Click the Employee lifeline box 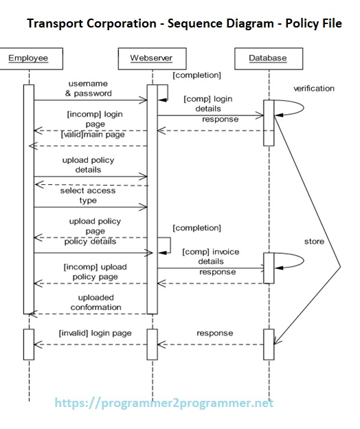tap(28, 58)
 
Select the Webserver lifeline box tap(151, 58)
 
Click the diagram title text tap(184, 24)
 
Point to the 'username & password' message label tap(88, 88)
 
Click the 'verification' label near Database tap(313, 89)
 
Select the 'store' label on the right tap(314, 241)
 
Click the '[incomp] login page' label tap(95, 118)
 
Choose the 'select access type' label tap(88, 195)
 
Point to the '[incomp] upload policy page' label tap(95, 272)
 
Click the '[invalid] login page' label tap(95, 333)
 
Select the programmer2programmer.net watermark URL tap(164, 403)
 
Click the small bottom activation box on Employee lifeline tap(28, 344)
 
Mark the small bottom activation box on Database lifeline tap(269, 344)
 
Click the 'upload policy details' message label tap(88, 164)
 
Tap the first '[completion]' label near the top tap(196, 74)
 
